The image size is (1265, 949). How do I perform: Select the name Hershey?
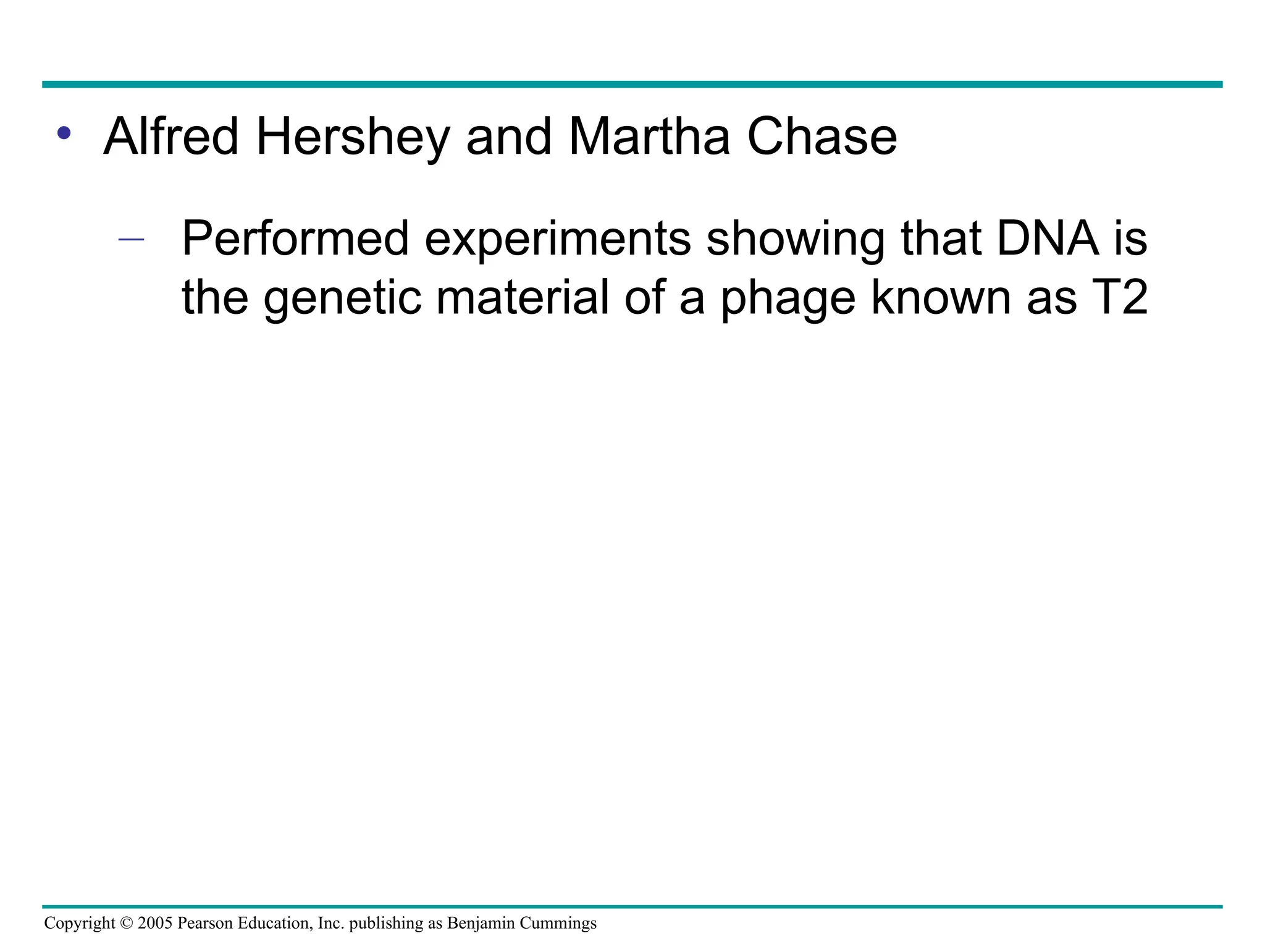[x=353, y=137]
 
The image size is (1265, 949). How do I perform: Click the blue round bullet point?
[x=64, y=133]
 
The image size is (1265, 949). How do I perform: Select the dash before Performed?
[x=131, y=240]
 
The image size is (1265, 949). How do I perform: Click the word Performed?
[x=296, y=240]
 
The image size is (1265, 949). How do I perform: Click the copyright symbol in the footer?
[x=127, y=924]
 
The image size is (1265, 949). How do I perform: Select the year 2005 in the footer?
[x=155, y=924]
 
